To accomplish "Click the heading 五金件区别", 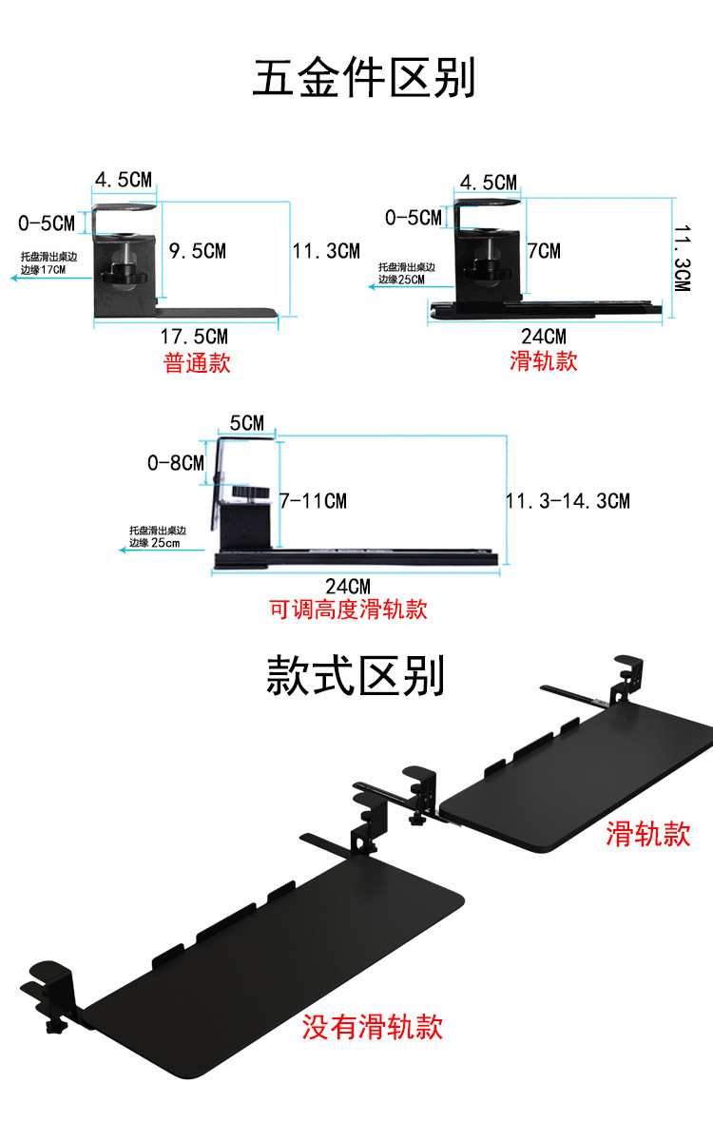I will click(363, 77).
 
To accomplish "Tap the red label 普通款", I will click(198, 362).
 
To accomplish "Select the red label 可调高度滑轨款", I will click(349, 609).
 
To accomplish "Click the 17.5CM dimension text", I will click(194, 337).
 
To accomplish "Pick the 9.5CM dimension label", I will click(197, 251).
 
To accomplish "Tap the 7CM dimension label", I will click(544, 251).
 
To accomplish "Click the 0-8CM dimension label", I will click(177, 463).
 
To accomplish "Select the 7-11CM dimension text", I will click(313, 500).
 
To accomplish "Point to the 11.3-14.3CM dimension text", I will click(568, 500).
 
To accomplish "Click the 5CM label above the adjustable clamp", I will click(246, 423).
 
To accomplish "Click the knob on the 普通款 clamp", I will click(122, 271).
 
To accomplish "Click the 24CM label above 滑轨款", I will click(544, 337).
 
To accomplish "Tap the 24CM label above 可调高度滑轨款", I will click(348, 587).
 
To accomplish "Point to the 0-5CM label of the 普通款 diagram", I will click(46, 224).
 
